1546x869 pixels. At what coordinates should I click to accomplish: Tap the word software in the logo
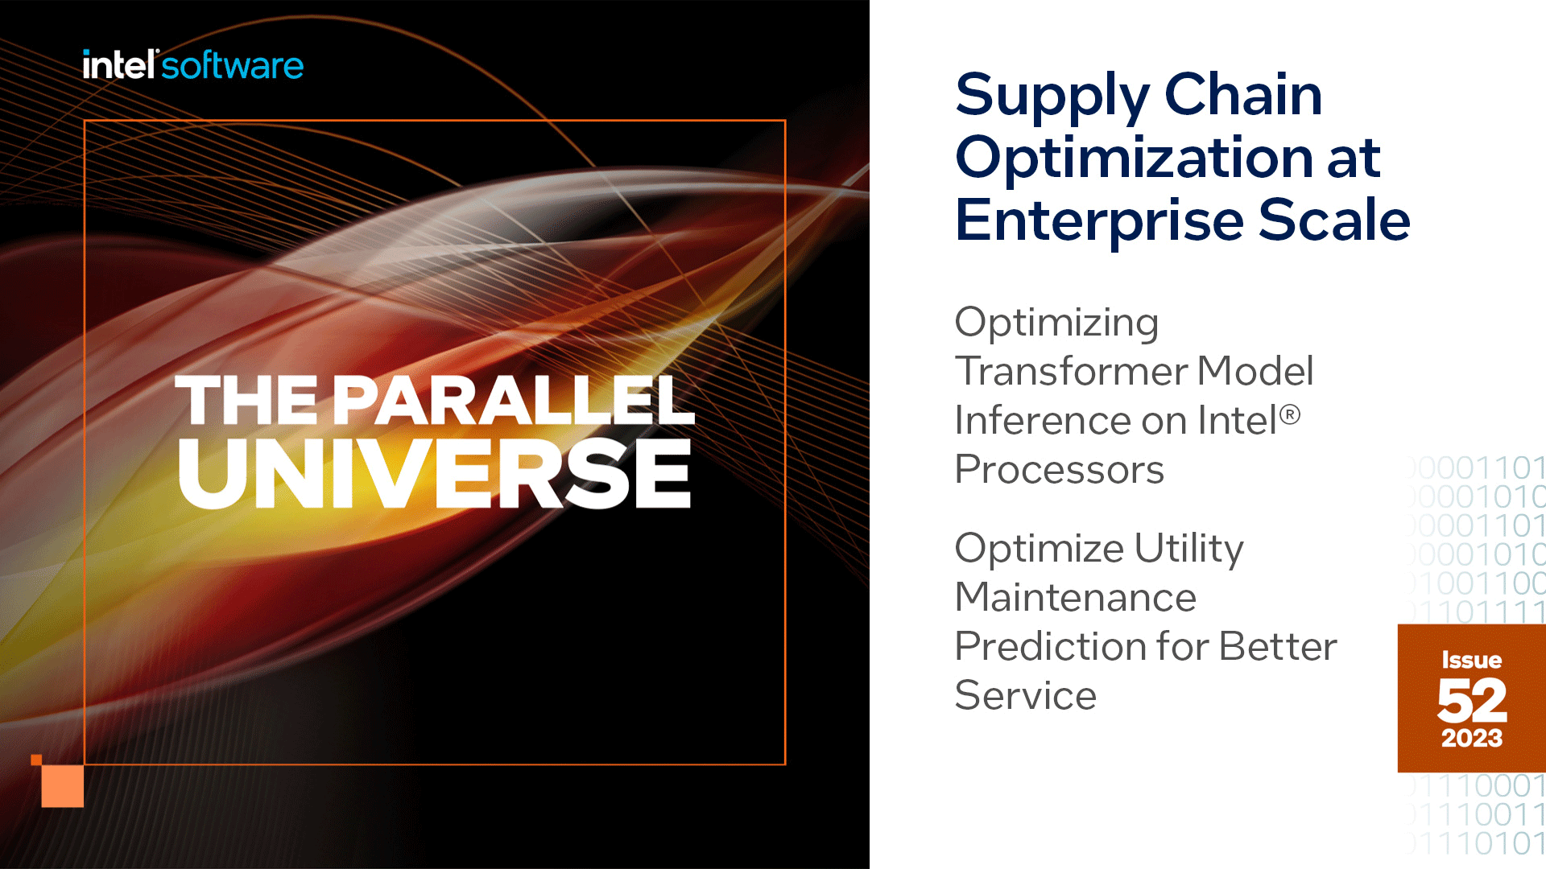[233, 65]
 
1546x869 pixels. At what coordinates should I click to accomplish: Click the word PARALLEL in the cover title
[514, 400]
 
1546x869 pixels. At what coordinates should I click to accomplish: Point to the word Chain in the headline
[1243, 94]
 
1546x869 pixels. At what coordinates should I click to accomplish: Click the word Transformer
[1070, 371]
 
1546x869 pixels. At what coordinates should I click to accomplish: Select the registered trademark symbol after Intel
[1289, 414]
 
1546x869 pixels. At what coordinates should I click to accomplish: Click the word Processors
[1059, 469]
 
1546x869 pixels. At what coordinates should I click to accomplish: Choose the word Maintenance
[1076, 597]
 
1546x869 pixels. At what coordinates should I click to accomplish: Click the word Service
[1025, 695]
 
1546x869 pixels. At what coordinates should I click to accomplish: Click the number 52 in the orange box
[1471, 700]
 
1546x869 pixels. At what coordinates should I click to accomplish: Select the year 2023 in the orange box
[1471, 738]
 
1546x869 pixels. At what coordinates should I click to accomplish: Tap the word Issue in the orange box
[1471, 660]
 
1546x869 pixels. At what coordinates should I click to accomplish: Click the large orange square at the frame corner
[63, 785]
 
